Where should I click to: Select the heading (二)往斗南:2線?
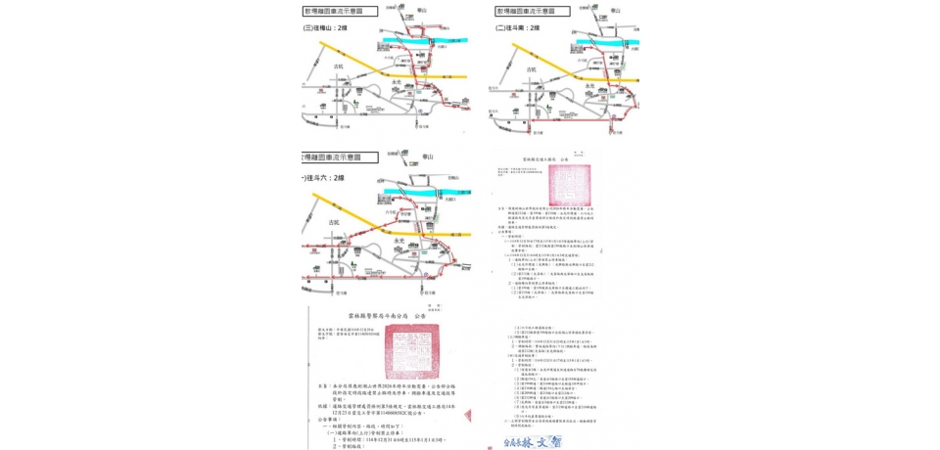coord(520,28)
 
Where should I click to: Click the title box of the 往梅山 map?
coord(333,11)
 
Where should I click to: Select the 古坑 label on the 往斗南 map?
coord(532,69)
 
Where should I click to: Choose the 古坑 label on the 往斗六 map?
coord(336,222)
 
